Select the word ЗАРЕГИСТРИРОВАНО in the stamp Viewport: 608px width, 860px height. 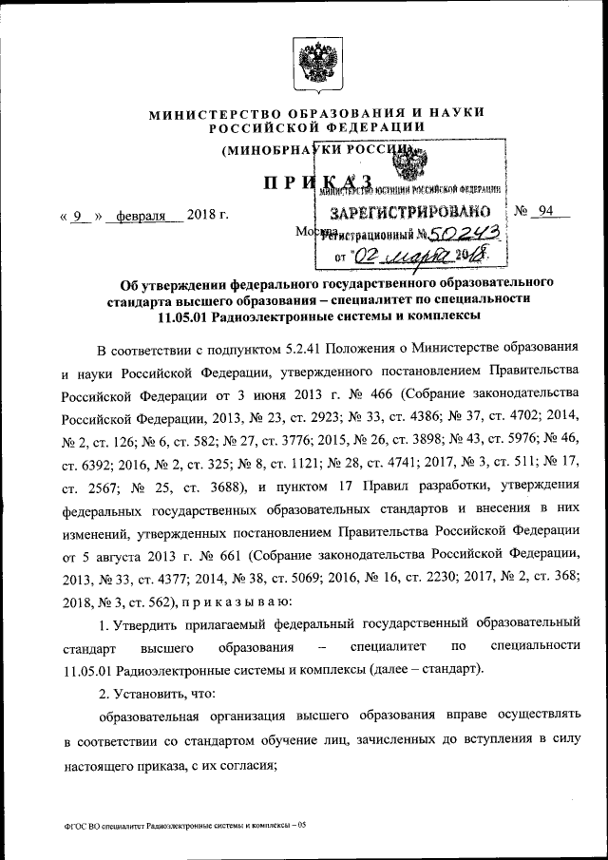[409, 210]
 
